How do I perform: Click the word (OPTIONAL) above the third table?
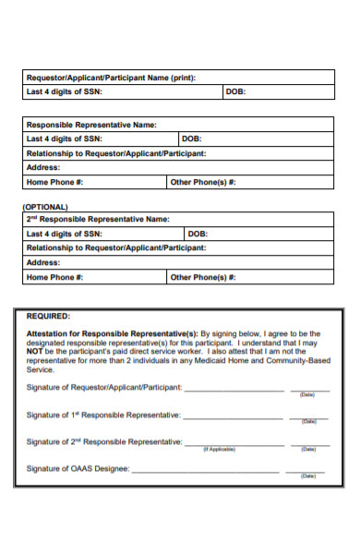coord(45,207)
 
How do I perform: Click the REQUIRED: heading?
coord(48,315)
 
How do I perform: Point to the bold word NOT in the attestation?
coord(34,351)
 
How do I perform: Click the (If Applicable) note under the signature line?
coord(219,449)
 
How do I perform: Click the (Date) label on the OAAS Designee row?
coord(307,476)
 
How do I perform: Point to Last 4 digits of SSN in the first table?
coord(65,92)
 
